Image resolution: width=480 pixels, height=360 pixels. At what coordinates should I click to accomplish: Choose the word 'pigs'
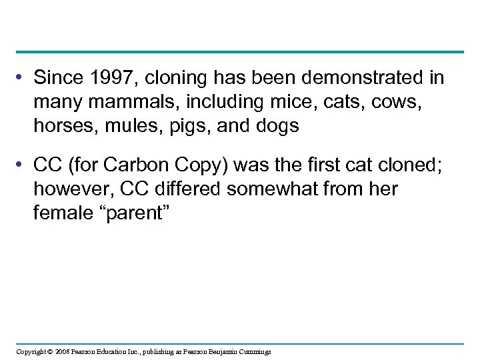coord(184,126)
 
